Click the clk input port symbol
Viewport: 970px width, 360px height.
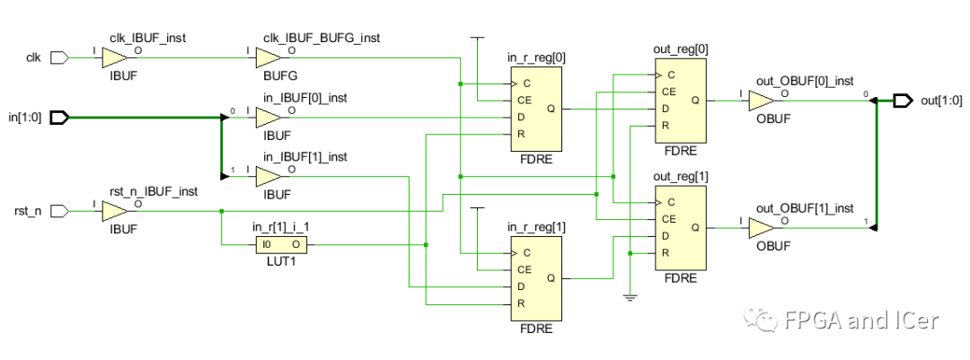coord(59,58)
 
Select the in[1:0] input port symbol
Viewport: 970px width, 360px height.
coord(59,117)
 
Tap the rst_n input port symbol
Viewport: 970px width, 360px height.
coord(59,211)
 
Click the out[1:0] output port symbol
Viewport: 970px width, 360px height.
coord(903,100)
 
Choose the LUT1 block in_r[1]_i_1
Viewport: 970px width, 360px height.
coord(280,243)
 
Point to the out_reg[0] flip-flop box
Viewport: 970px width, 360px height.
coord(680,100)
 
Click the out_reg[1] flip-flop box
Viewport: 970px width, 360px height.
coord(680,227)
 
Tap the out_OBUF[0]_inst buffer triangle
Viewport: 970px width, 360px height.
coord(761,100)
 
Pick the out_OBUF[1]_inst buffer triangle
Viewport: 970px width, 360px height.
coord(761,227)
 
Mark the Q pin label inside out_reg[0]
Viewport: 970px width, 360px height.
coord(695,101)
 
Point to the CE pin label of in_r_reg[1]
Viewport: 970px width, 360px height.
coord(524,269)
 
